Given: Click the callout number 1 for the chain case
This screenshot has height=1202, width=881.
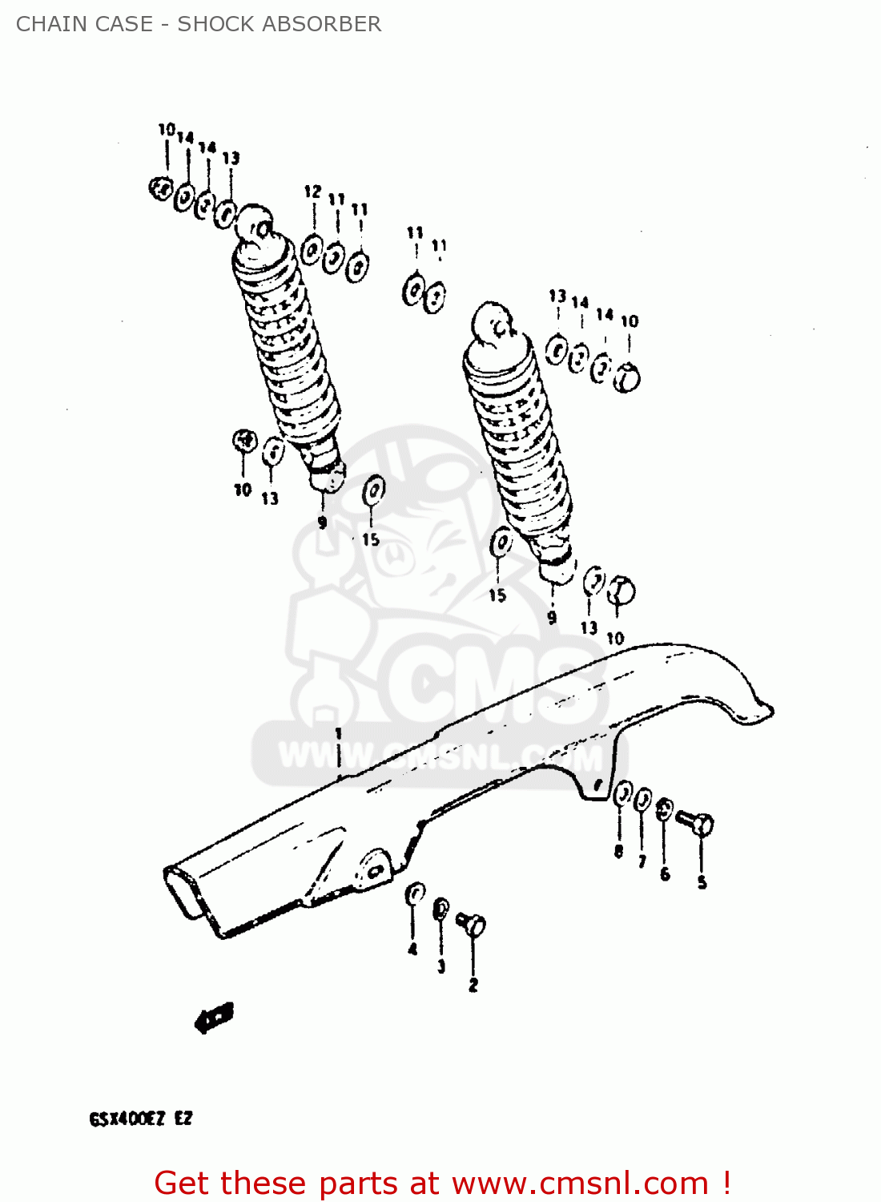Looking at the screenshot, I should (339, 733).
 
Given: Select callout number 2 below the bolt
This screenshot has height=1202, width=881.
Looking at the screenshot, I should (473, 985).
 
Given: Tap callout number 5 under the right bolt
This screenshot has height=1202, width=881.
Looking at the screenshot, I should (702, 882).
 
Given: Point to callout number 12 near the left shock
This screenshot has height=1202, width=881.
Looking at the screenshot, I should (312, 192).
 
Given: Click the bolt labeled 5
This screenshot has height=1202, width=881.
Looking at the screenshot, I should (695, 822).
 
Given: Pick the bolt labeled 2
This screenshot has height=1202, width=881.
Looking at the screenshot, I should (471, 924).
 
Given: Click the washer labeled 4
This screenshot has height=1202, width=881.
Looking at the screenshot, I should (415, 893).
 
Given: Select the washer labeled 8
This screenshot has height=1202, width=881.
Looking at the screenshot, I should (622, 795).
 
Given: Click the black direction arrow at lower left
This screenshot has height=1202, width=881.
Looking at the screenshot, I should (214, 1018).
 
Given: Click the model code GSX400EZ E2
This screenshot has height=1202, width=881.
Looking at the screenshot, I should (141, 1119).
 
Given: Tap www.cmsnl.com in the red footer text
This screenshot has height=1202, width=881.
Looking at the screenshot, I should (580, 1184).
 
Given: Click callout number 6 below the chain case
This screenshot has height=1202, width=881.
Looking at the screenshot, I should (665, 874).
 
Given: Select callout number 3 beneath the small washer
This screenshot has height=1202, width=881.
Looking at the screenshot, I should (441, 966).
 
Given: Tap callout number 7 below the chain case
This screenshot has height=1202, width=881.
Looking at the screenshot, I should (642, 862).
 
